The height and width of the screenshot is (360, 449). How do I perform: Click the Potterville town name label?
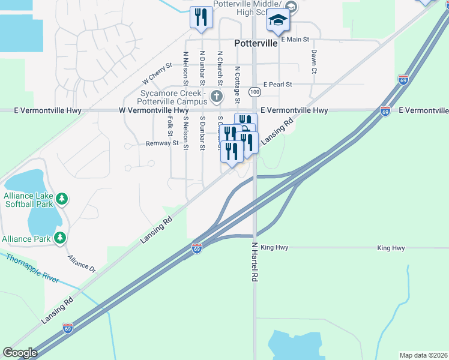[x=255, y=43]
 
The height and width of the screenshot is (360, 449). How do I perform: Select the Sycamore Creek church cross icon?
[x=217, y=96]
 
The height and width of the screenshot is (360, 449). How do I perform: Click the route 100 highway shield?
[x=255, y=92]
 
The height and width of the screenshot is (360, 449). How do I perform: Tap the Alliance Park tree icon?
[x=60, y=238]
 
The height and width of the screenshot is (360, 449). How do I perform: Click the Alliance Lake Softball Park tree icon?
[x=61, y=198]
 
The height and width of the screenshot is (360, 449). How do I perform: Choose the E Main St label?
[x=295, y=40]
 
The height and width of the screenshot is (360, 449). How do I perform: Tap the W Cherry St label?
[x=157, y=74]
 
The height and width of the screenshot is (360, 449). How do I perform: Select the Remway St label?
[x=162, y=143]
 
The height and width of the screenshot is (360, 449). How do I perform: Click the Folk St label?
[x=170, y=126]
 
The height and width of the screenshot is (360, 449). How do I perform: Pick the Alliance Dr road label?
[x=82, y=264]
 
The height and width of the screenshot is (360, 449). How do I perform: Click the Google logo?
[x=20, y=353]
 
